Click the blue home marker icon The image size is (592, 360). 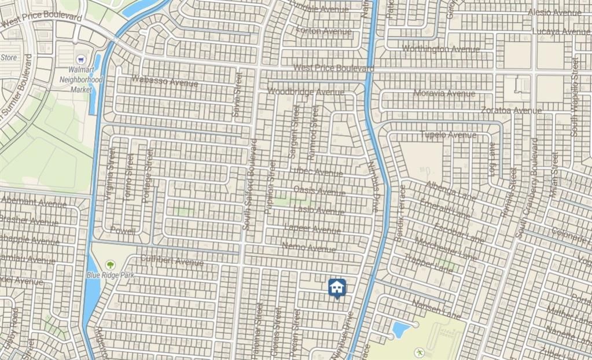click(x=337, y=287)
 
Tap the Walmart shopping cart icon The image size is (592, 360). click(x=81, y=60)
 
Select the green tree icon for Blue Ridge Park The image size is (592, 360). click(x=109, y=265)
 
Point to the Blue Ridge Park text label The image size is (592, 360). click(x=110, y=275)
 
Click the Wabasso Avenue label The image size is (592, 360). click(x=165, y=82)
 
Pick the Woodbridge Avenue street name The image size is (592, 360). click(x=306, y=92)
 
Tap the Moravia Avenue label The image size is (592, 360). click(x=444, y=93)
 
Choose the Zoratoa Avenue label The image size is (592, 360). click(x=512, y=110)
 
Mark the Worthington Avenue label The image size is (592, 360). click(x=441, y=49)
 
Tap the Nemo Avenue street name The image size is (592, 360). click(x=308, y=248)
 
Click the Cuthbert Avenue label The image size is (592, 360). click(x=172, y=261)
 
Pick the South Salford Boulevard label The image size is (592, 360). click(x=250, y=185)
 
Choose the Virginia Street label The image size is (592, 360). click(x=109, y=174)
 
